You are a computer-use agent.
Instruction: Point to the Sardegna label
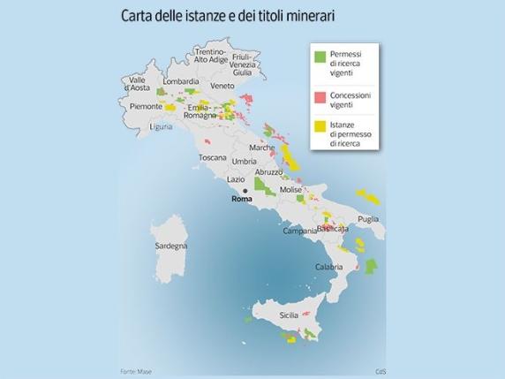click(x=170, y=245)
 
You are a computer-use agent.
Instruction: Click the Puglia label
click(x=368, y=218)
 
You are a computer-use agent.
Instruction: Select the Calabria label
click(x=328, y=266)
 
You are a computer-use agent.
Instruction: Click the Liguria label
click(x=162, y=126)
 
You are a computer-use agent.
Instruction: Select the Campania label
click(x=299, y=231)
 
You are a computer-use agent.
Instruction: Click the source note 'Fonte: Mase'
click(x=135, y=370)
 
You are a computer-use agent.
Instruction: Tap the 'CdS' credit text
click(x=381, y=370)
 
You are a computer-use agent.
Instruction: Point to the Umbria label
click(x=244, y=162)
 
